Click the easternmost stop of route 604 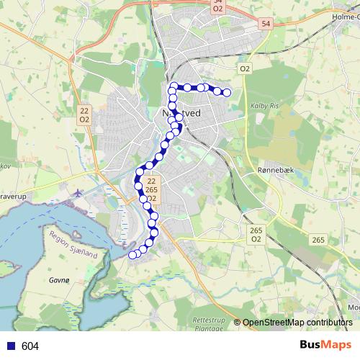tap(227, 92)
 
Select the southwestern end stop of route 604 tap(132, 254)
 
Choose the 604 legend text tap(30, 346)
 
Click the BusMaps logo tap(325, 346)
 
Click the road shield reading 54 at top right tap(266, 24)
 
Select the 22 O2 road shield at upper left tap(85, 114)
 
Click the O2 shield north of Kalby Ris tap(246, 68)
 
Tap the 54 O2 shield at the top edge tap(217, 6)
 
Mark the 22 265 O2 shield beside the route tap(151, 189)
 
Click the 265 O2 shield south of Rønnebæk tap(256, 235)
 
